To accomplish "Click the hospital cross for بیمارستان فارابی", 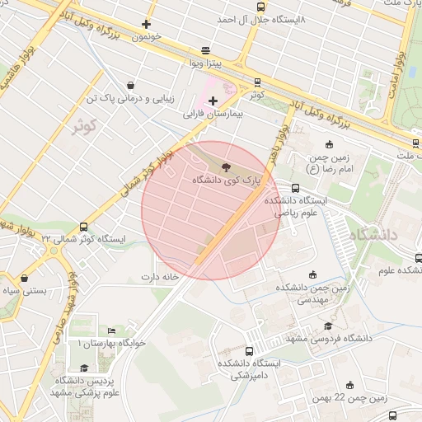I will tap(213, 101).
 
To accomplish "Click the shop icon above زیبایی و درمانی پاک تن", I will tap(131, 85).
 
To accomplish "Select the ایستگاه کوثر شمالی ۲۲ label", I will tap(82, 238).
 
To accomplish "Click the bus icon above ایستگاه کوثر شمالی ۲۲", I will tap(82, 227).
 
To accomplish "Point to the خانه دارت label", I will tap(160, 277).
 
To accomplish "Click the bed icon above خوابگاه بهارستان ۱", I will tap(111, 331).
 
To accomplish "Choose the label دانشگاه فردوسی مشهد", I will tap(340, 338).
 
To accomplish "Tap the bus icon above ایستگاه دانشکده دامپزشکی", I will tap(250, 351).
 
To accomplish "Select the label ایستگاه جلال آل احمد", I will tap(261, 18).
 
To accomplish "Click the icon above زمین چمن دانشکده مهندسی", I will tap(312, 275).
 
